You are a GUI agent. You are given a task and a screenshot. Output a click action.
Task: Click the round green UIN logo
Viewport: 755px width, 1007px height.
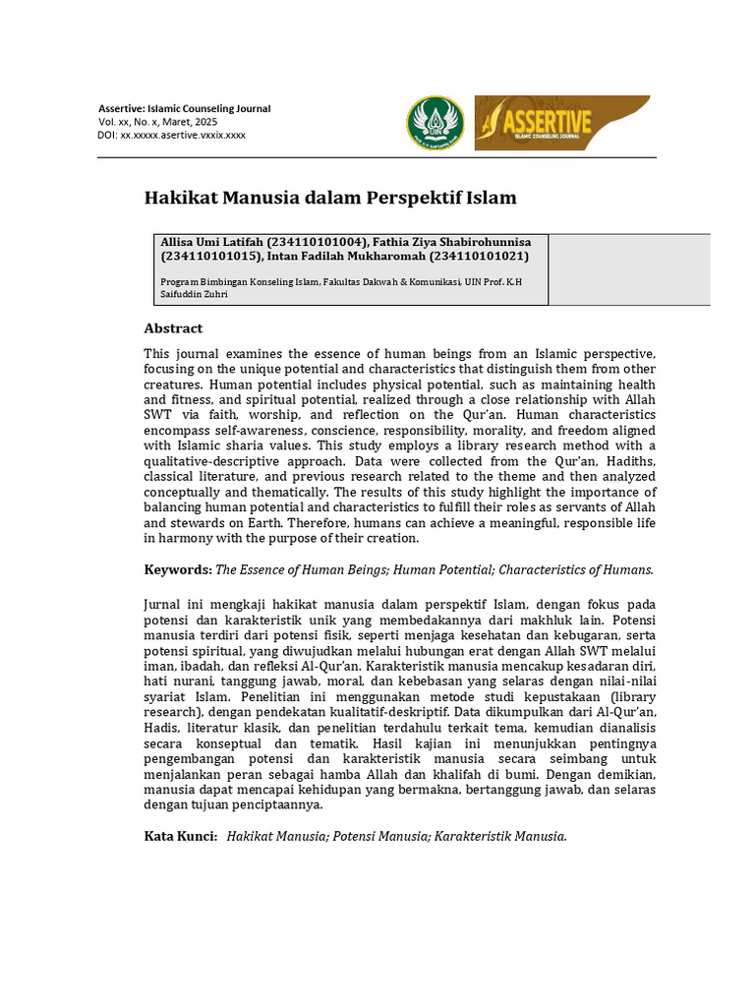click(x=436, y=123)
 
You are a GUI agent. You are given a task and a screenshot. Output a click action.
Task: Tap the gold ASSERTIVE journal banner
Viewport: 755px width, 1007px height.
click(x=561, y=123)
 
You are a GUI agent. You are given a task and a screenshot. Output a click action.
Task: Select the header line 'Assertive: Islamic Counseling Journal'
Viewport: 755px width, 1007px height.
click(x=184, y=108)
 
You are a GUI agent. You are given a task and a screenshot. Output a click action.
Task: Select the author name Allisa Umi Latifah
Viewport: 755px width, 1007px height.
click(x=210, y=242)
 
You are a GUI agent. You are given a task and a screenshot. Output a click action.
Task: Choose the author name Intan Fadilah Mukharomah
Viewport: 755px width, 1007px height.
click(x=340, y=257)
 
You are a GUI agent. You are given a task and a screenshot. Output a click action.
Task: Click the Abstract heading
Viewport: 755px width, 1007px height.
click(x=173, y=328)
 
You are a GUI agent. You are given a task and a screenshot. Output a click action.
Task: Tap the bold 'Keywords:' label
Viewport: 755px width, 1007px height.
click(x=178, y=569)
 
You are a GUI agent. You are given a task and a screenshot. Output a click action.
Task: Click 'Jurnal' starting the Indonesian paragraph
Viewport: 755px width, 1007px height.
click(x=164, y=604)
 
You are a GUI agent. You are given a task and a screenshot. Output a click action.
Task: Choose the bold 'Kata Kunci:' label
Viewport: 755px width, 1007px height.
click(x=181, y=836)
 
